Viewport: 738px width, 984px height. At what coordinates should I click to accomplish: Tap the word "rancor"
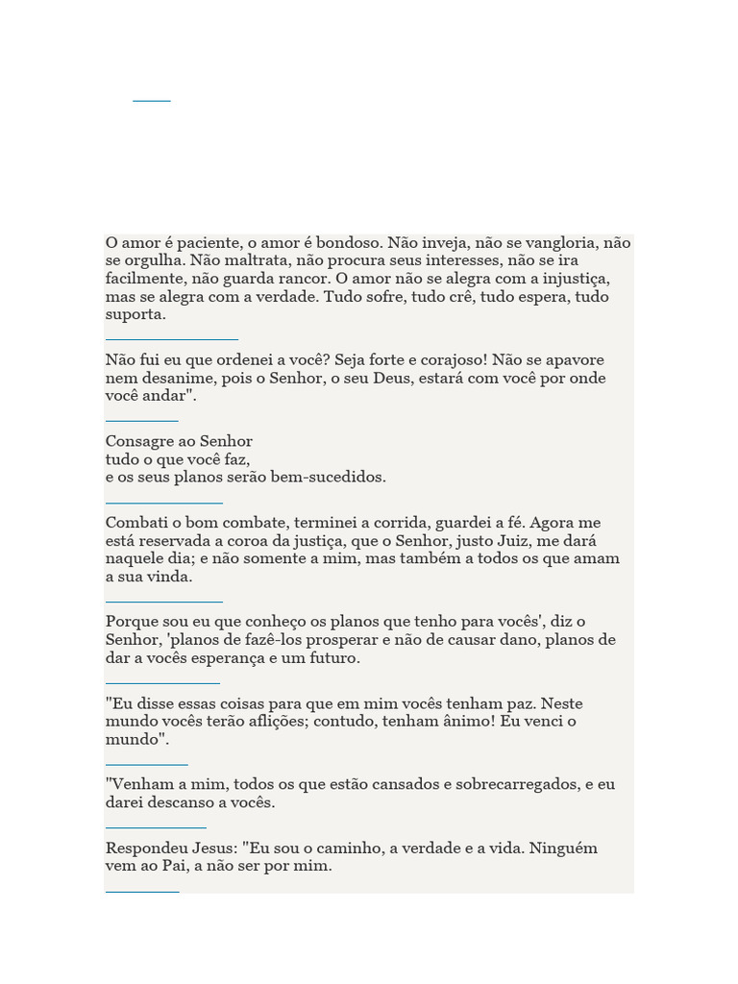click(301, 279)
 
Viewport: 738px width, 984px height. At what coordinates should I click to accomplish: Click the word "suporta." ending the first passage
click(135, 315)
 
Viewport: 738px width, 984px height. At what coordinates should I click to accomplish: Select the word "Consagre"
click(138, 442)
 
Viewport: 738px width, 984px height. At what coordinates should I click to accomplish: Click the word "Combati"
click(135, 523)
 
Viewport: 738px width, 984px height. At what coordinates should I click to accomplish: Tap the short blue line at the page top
click(152, 100)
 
